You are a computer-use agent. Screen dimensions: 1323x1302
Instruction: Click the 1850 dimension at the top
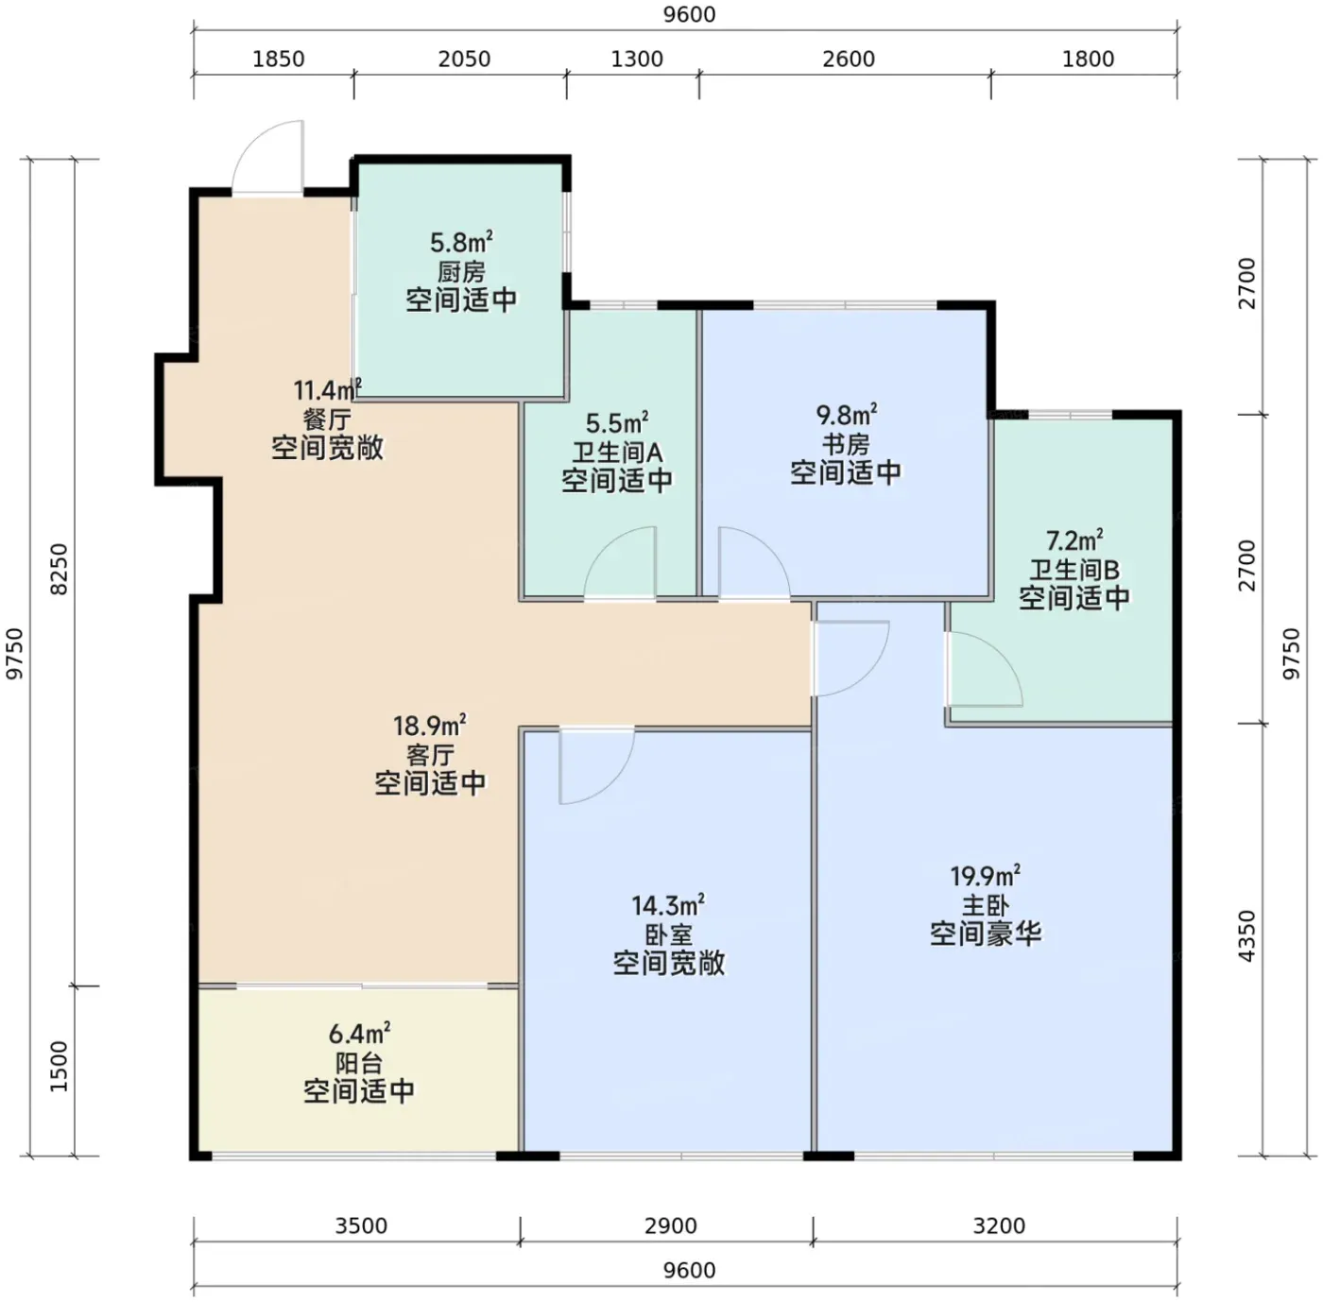point(278,60)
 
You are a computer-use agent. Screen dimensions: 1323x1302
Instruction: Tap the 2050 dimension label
point(464,60)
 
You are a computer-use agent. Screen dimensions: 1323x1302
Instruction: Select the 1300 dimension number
point(637,60)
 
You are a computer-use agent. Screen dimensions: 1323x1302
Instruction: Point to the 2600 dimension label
point(849,60)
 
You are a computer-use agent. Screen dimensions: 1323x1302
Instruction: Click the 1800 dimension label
point(1089,60)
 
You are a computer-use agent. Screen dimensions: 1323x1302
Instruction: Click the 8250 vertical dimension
point(60,569)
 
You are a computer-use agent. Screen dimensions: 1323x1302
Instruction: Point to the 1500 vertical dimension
point(60,1067)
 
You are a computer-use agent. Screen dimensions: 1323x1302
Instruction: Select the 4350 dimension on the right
point(1246,936)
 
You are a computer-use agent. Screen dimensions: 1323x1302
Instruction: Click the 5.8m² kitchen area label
point(461,242)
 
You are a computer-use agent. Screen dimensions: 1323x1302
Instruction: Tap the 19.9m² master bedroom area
point(986,876)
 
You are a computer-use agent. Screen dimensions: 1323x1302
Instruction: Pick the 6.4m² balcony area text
point(359,1033)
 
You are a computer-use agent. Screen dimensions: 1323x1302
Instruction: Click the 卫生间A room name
point(617,453)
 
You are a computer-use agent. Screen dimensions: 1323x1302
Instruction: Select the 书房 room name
point(846,444)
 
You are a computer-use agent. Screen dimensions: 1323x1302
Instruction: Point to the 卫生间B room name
point(1074,570)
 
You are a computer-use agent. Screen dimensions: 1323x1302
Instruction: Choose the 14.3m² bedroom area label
point(669,906)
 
